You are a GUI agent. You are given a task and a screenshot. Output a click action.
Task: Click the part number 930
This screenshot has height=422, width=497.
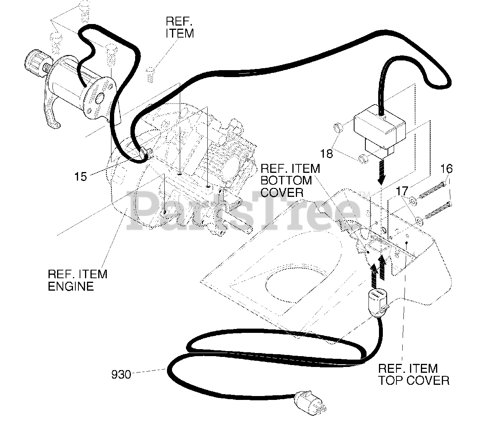coord(121,375)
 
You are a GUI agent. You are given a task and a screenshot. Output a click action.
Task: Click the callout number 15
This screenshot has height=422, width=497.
coord(81,177)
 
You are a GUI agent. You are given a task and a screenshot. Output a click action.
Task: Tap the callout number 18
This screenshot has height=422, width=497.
coord(327,153)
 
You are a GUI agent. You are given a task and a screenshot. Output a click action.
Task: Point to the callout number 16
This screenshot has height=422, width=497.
coord(447,169)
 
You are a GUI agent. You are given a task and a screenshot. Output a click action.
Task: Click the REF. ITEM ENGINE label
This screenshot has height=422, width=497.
coord(77,280)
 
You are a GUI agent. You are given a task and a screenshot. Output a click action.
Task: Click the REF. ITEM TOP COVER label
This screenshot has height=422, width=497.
coord(414,374)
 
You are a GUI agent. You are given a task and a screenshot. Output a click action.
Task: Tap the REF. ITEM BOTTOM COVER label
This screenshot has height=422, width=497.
coord(290,181)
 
